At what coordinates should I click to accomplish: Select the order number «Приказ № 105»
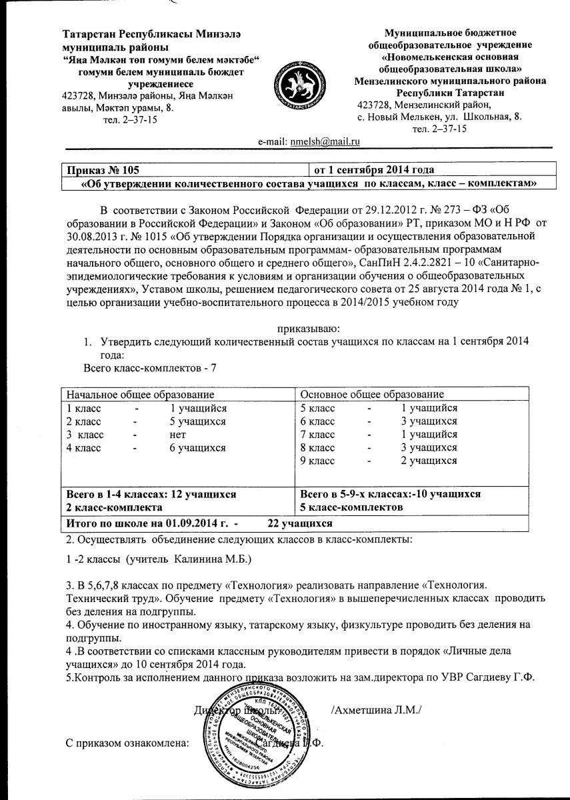102,170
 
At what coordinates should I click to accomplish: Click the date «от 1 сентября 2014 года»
374,170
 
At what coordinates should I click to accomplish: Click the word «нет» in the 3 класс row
178,434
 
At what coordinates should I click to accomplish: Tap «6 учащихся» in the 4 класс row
198,447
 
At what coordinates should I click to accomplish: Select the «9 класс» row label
318,461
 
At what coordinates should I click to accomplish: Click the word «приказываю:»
308,327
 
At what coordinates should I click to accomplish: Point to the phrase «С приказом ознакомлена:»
127,743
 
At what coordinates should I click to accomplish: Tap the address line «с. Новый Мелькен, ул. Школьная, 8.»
439,117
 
